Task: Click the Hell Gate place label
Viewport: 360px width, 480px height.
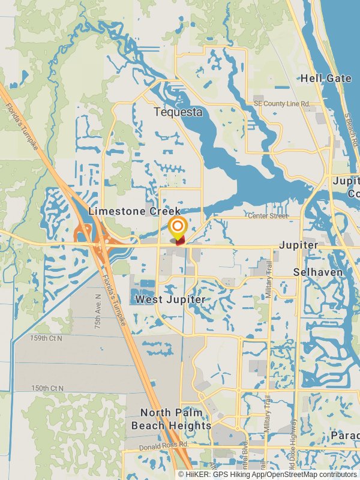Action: pyautogui.click(x=326, y=79)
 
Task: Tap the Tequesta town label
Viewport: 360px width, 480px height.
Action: pyautogui.click(x=178, y=112)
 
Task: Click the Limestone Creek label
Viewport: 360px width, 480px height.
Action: pyautogui.click(x=134, y=211)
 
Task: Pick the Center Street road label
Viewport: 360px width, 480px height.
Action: pyautogui.click(x=268, y=216)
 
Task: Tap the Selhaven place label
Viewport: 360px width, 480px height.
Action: pyautogui.click(x=318, y=272)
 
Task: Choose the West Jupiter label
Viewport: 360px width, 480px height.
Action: pyautogui.click(x=170, y=299)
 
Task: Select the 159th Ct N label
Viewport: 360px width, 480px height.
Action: pyautogui.click(x=46, y=338)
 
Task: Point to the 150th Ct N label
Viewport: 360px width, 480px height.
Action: pyautogui.click(x=46, y=388)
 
